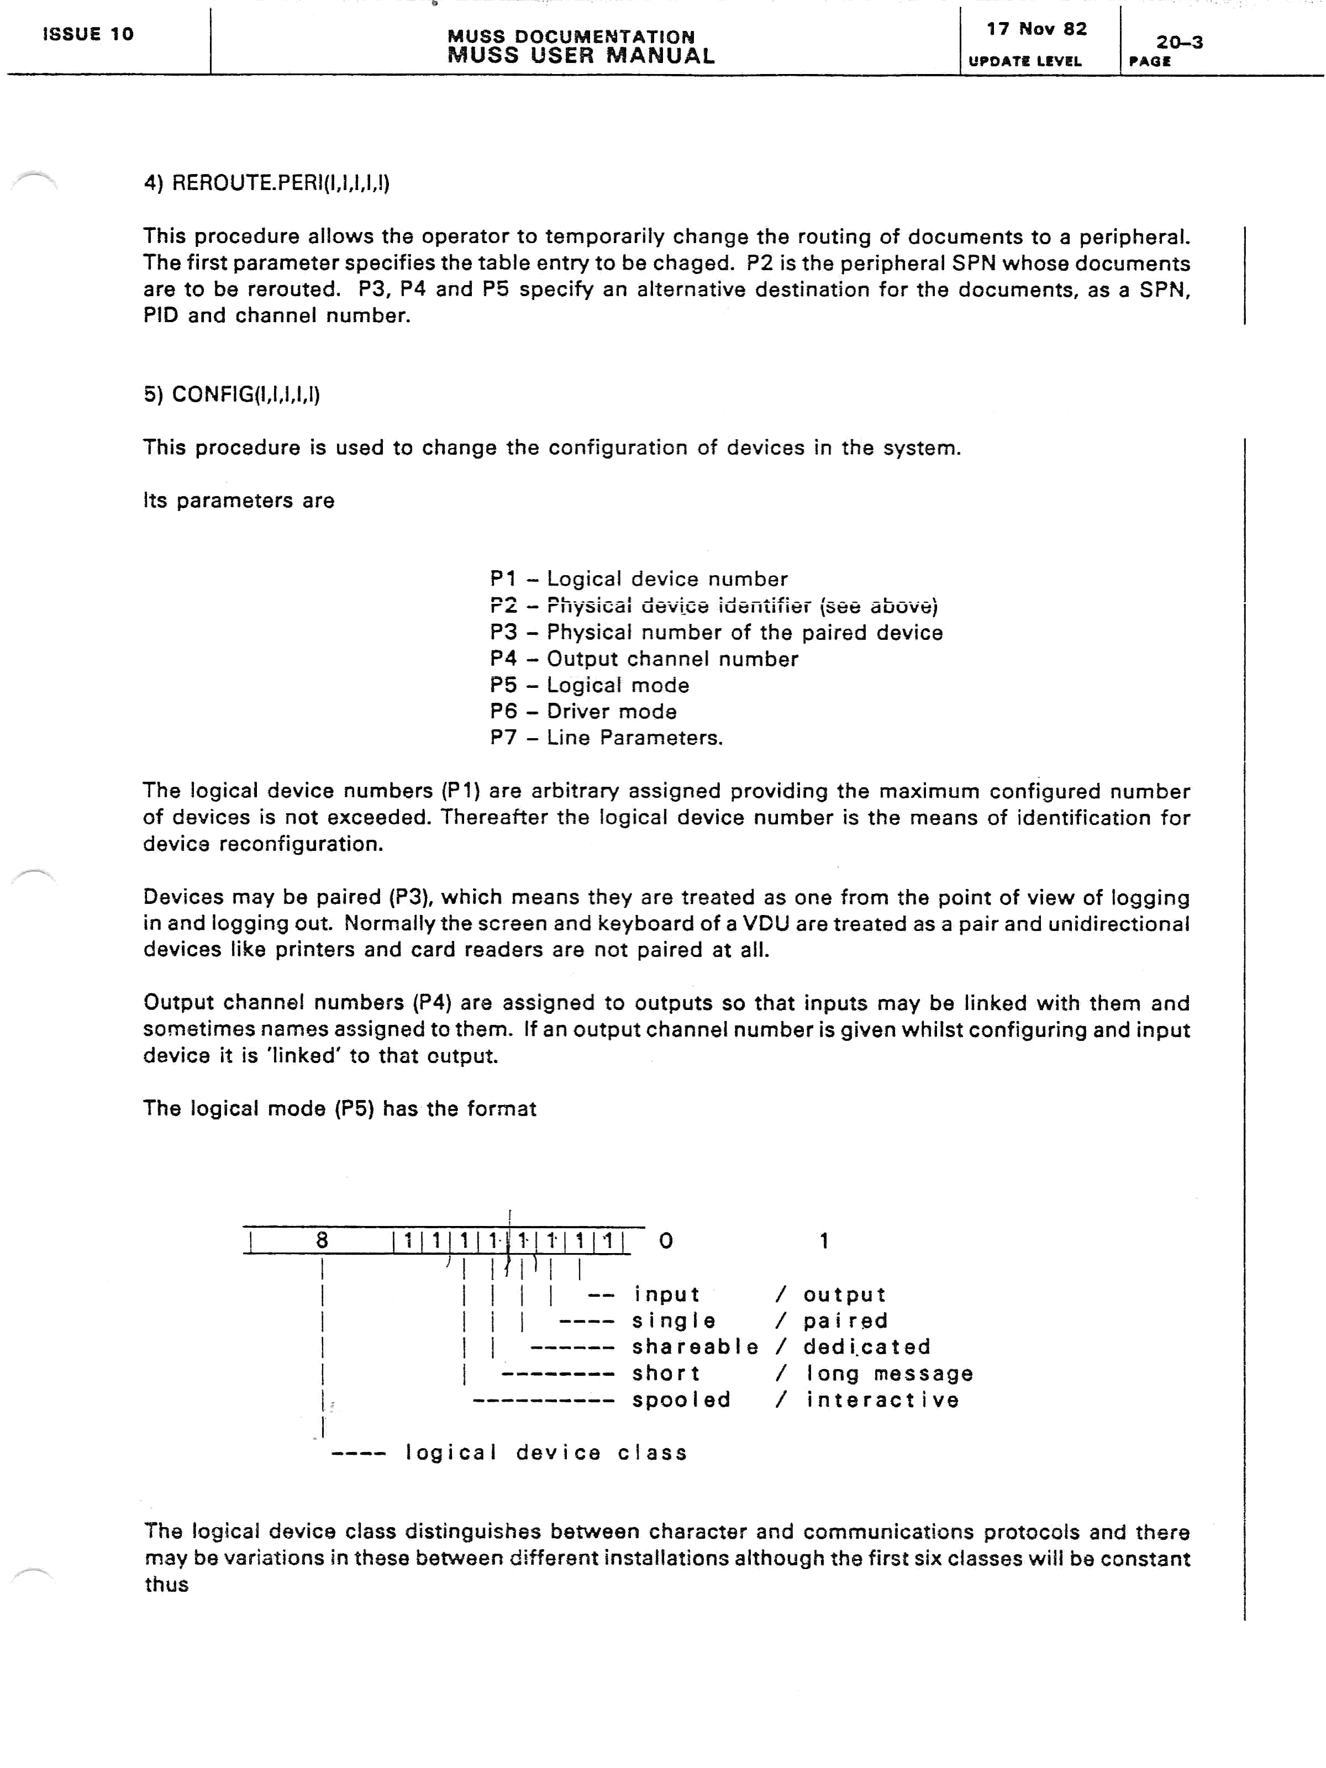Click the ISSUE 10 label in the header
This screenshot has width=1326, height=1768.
88,34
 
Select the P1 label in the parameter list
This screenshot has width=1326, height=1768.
503,578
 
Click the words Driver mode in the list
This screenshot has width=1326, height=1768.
612,712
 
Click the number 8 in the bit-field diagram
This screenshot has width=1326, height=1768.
322,1240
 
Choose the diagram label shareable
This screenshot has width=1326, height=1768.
694,1347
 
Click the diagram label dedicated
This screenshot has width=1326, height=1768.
866,1347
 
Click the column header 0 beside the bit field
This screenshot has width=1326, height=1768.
666,1240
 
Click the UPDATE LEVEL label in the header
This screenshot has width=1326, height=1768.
1025,61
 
